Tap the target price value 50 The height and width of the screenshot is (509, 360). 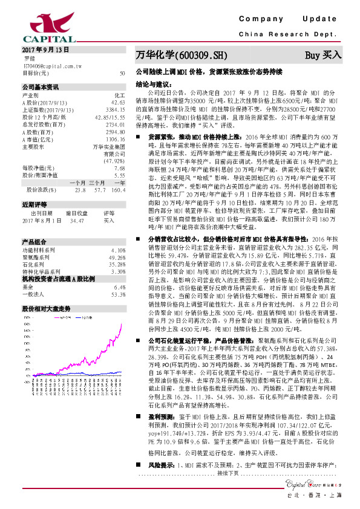point(122,73)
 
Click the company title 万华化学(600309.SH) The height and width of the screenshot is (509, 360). point(181,56)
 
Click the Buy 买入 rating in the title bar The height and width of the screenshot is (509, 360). point(322,56)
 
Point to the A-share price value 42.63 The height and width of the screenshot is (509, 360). point(118,102)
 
